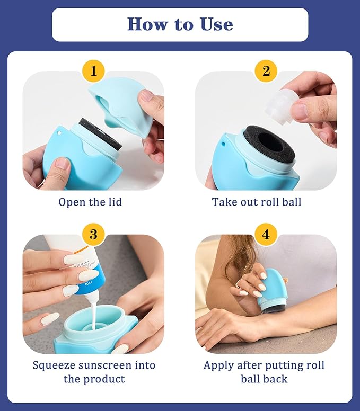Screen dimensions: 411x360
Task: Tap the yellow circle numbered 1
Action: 93,71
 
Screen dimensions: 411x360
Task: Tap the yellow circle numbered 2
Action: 266,71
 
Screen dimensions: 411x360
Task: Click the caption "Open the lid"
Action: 90,202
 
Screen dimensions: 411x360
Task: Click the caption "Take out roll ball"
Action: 257,202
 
